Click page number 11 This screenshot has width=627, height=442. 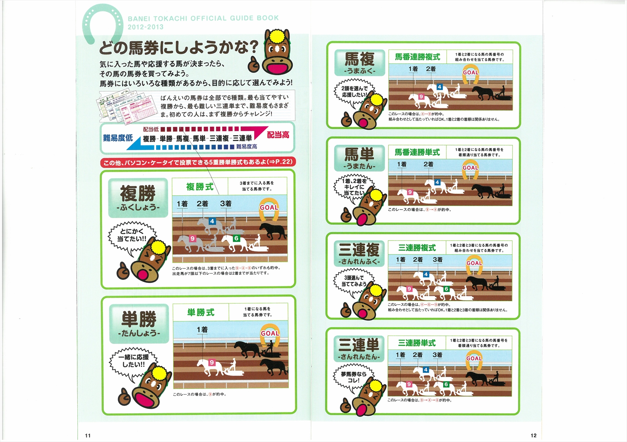tap(88, 435)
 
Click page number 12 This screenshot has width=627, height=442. tap(533, 435)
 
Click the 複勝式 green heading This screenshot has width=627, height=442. tap(200, 186)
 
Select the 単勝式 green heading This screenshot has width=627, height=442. tap(201, 312)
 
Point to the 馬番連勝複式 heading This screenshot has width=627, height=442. tap(417, 57)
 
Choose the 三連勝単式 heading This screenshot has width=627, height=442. tap(417, 343)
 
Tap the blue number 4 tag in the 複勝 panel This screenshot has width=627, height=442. tap(212, 221)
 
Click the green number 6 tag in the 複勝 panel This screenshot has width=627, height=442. tap(237, 238)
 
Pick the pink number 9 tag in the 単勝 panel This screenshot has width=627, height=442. tap(211, 362)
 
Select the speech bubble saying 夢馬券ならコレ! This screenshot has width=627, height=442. tap(353, 377)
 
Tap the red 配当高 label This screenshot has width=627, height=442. tap(278, 135)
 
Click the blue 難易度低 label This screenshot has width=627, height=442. tap(118, 138)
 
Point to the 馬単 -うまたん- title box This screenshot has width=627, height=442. tap(360, 158)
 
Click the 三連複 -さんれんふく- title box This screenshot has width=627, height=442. tap(359, 254)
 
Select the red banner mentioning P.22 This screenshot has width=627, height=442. tap(198, 162)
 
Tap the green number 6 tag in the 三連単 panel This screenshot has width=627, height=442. tap(446, 384)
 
